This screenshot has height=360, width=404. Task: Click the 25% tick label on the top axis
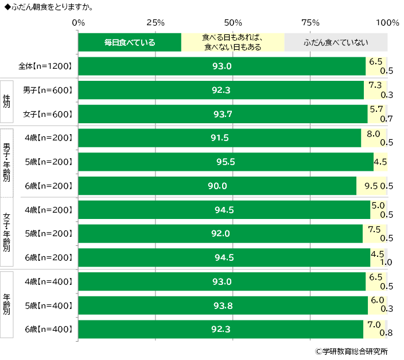click(x=156, y=23)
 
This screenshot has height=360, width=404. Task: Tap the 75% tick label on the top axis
click(x=310, y=23)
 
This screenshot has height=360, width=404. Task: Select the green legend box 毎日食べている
click(x=130, y=42)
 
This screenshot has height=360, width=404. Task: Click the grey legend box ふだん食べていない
click(x=336, y=42)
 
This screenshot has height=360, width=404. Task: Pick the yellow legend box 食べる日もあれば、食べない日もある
click(x=232, y=42)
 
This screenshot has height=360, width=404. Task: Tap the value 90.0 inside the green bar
click(x=217, y=186)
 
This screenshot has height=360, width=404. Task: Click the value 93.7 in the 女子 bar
click(x=223, y=114)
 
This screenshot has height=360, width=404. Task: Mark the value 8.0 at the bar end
click(x=374, y=134)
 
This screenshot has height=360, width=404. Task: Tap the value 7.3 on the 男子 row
click(x=375, y=85)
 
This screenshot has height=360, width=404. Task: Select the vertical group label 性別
click(x=7, y=101)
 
